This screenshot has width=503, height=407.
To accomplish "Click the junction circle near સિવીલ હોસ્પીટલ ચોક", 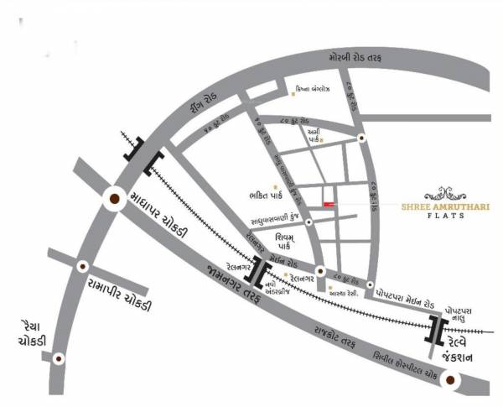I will tap(452, 382).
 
